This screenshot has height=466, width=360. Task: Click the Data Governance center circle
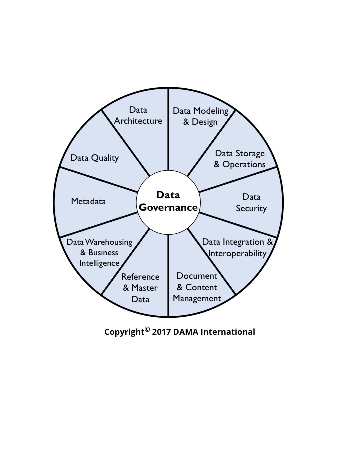168,201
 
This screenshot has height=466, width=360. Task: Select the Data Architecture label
138,115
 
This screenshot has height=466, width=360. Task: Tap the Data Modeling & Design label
200,116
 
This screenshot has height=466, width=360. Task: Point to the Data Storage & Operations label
240,159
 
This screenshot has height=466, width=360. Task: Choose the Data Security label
251,203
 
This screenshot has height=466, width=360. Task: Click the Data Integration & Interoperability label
238,248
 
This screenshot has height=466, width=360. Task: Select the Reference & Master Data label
140,288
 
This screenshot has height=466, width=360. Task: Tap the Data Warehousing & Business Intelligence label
100,252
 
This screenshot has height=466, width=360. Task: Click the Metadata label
88,201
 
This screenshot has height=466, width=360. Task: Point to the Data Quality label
95,158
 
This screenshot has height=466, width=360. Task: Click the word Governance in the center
168,207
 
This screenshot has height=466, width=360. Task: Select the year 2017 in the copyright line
162,332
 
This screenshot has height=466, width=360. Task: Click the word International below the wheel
228,332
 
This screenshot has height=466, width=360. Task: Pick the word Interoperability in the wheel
238,253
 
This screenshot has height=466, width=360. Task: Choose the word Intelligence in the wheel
100,263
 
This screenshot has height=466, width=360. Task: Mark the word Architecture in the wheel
138,121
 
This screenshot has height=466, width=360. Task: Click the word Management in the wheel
196,298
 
